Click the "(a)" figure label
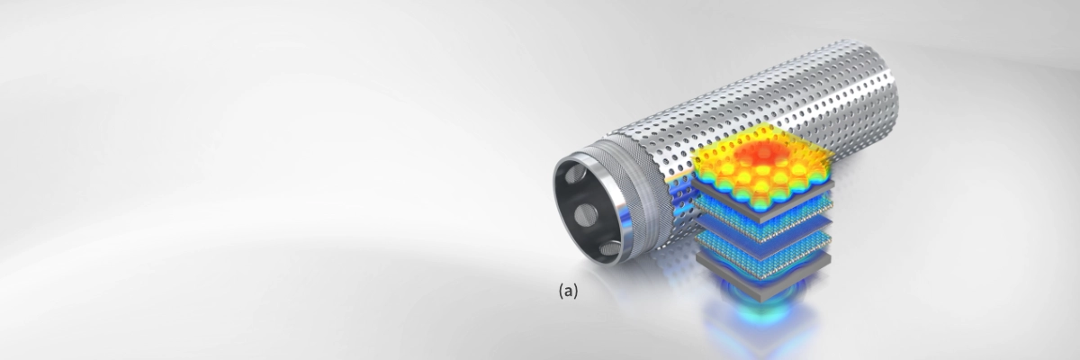tap(568, 291)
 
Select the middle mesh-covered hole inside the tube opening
tap(583, 214)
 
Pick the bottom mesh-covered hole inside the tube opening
tap(610, 249)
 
